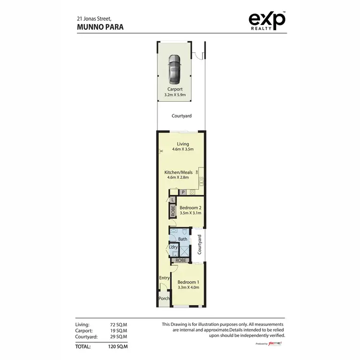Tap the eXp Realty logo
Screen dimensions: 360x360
(267, 21)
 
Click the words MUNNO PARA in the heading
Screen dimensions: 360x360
(99, 27)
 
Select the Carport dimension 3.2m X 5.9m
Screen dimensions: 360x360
(177, 95)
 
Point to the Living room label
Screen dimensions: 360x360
(182, 144)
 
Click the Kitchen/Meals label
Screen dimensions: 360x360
(178, 172)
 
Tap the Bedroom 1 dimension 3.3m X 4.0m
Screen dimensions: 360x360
(188, 287)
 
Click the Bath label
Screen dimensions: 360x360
(182, 239)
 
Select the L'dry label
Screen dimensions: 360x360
(173, 248)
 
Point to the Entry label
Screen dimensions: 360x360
(165, 277)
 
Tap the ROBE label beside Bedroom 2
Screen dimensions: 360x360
(173, 210)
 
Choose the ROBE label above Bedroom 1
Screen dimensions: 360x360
(180, 260)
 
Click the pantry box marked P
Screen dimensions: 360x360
(182, 192)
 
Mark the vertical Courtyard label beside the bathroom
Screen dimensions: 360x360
(199, 244)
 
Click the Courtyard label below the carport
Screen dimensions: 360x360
(181, 116)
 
